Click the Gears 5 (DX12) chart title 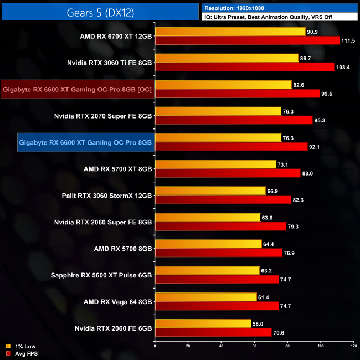pyautogui.click(x=100, y=11)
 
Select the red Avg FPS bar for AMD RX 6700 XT pyautogui.click(x=247, y=40)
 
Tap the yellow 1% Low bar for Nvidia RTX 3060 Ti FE pyautogui.click(x=227, y=58)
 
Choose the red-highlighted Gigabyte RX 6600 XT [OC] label pyautogui.click(x=77, y=89)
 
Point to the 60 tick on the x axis pyautogui.click(x=255, y=347)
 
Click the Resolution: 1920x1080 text pyautogui.click(x=236, y=8)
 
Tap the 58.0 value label pyautogui.click(x=259, y=323)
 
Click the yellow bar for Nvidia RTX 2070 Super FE pyautogui.click(x=218, y=111)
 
